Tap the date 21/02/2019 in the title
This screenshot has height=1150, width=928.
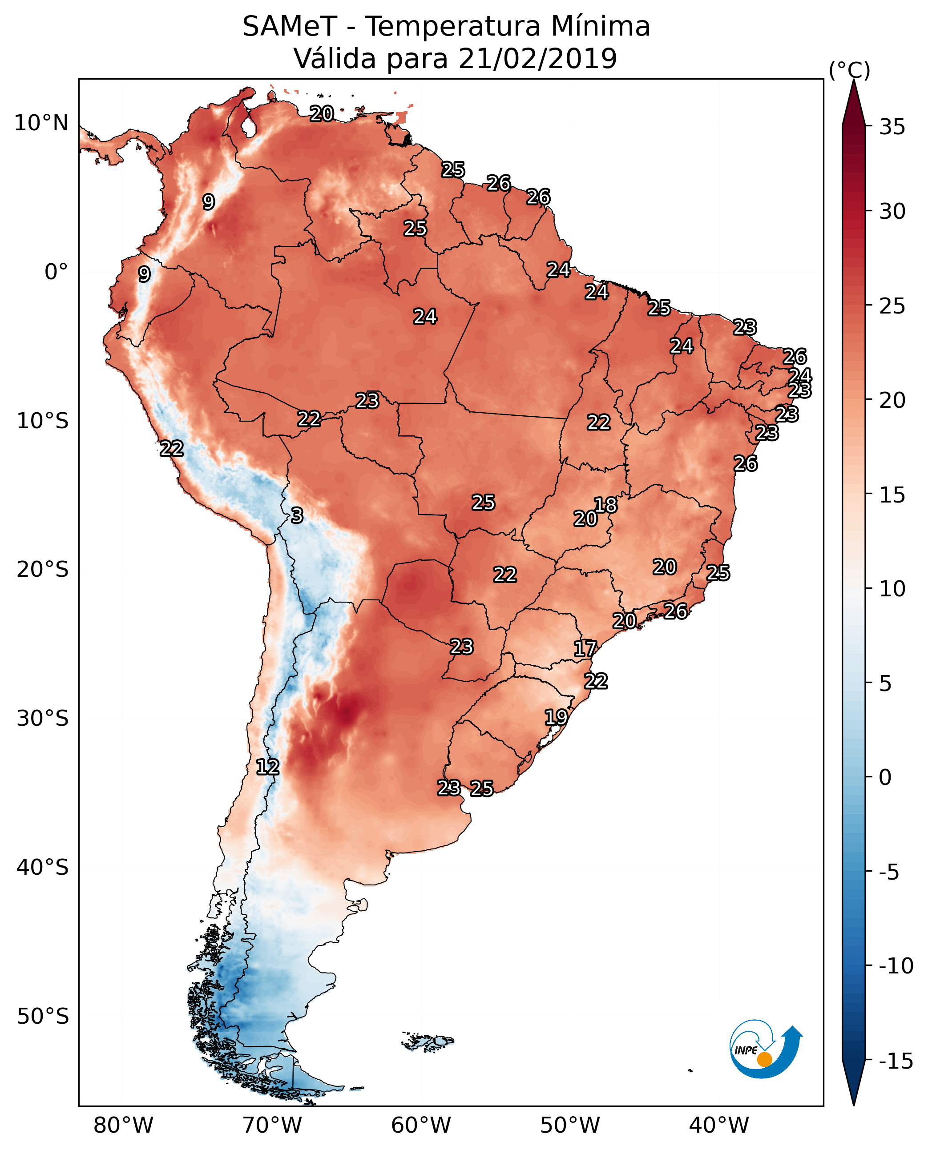(537, 58)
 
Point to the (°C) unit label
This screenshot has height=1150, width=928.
(849, 71)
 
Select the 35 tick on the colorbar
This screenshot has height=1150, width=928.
(892, 127)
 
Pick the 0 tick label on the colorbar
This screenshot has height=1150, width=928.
(885, 777)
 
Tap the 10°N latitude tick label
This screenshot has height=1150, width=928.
(41, 124)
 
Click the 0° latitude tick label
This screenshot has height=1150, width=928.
(56, 272)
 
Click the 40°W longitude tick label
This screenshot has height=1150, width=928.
(719, 1126)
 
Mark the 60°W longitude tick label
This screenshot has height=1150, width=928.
(421, 1126)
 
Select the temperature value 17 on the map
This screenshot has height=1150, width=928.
(585, 649)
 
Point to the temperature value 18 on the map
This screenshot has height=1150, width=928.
(605, 505)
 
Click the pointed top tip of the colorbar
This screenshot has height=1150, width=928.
(854, 81)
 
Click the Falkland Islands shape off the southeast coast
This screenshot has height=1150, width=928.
(428, 1041)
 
